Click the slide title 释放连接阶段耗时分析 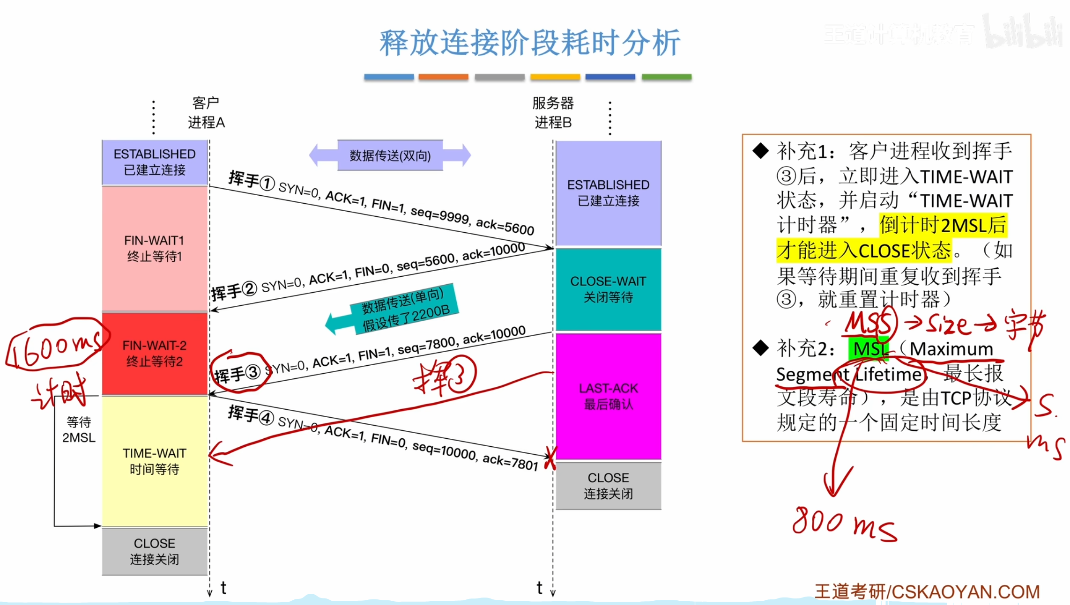click(x=529, y=43)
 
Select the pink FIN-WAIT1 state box click(x=155, y=248)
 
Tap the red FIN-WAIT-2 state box click(x=155, y=354)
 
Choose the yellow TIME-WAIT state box click(x=155, y=461)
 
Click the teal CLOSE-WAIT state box click(x=608, y=289)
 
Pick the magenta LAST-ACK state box click(x=608, y=396)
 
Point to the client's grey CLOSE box click(x=155, y=551)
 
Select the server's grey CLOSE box click(x=608, y=486)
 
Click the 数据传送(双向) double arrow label click(x=390, y=155)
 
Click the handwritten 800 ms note click(x=843, y=524)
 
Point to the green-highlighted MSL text click(x=869, y=349)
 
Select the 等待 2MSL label click(x=79, y=430)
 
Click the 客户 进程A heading click(x=206, y=113)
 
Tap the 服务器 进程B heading click(x=553, y=113)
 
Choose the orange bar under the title click(x=443, y=77)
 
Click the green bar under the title click(x=666, y=77)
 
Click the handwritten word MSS click(x=869, y=323)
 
